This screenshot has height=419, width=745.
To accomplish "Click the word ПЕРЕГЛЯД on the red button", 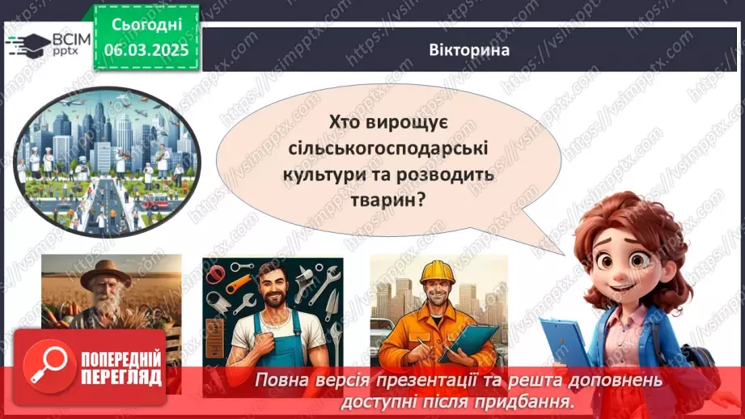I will pyautogui.click(x=121, y=378).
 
